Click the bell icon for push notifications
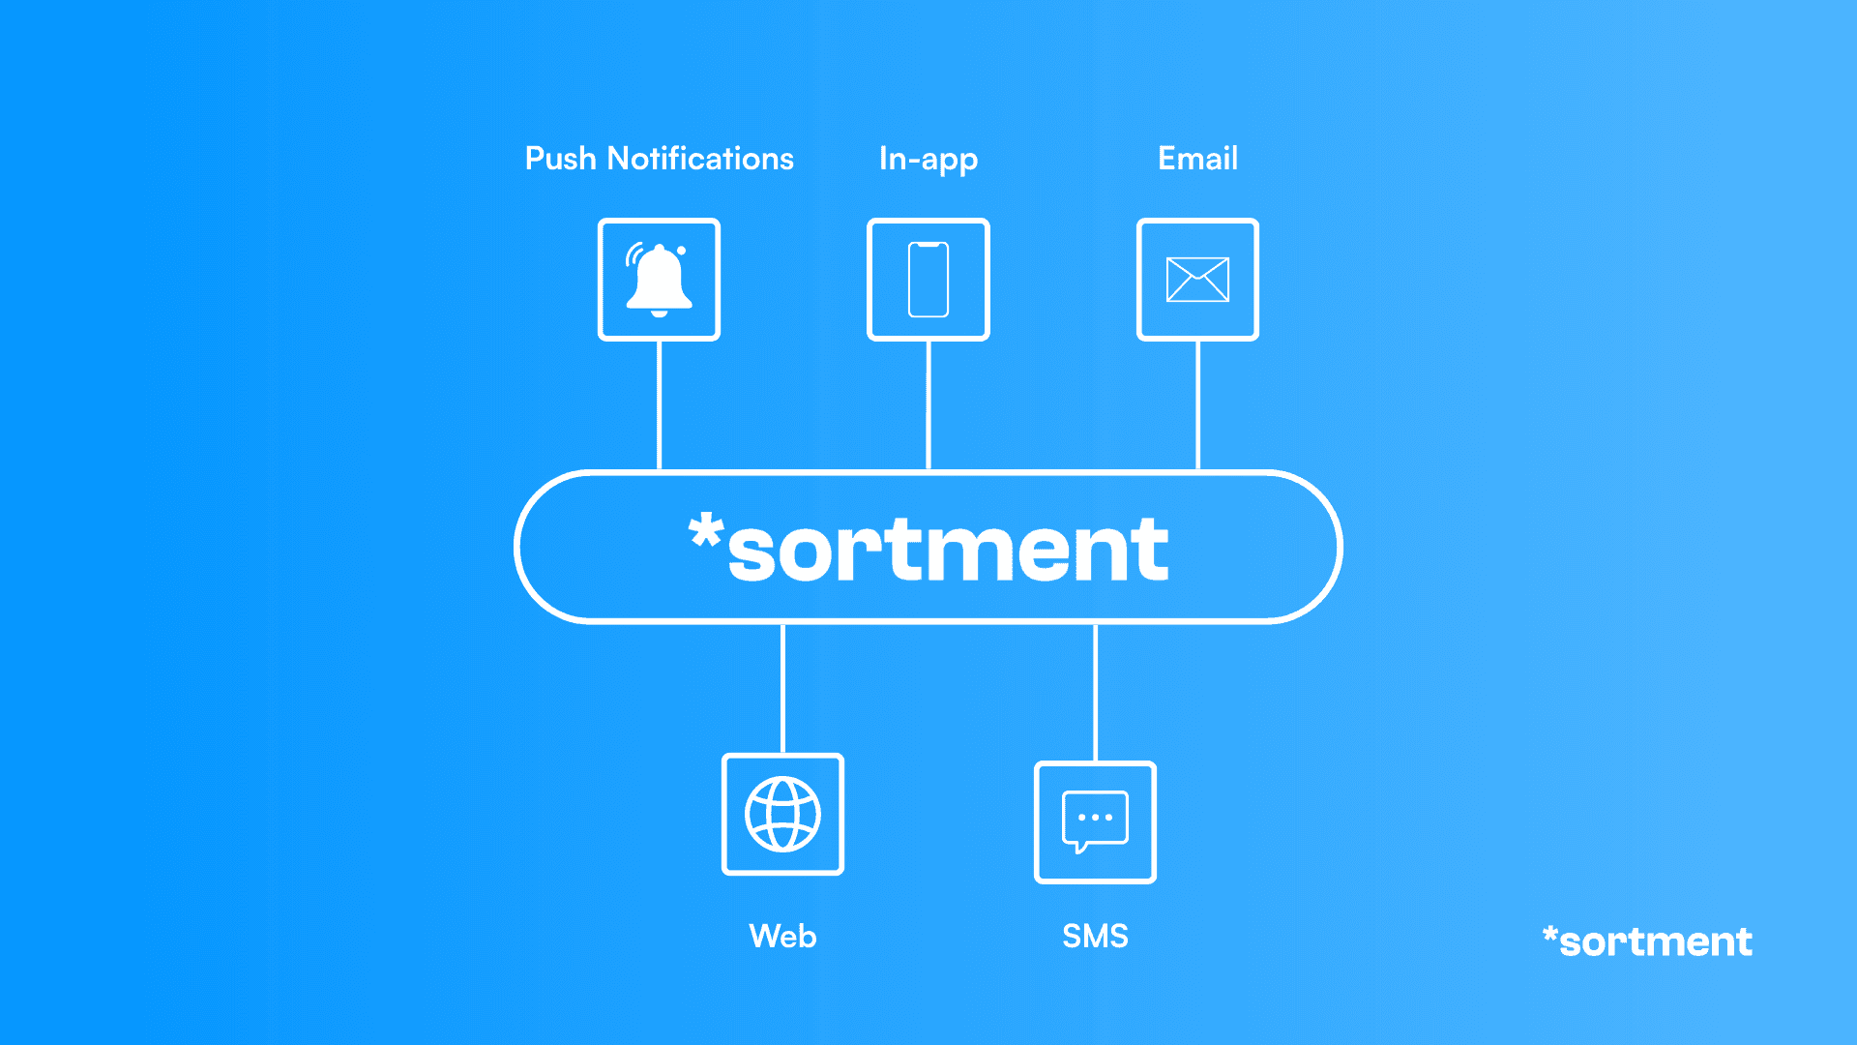coord(658,280)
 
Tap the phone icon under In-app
coord(928,280)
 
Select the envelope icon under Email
coord(1197,280)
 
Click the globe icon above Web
coord(782,815)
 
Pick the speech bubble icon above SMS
coord(1095,821)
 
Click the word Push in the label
coord(560,159)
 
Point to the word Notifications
coord(700,159)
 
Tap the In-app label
coord(928,160)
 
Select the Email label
coord(1197,159)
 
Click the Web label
coord(782,937)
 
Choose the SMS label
coord(1095,937)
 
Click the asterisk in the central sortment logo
coord(705,532)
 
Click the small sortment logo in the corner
coord(1647,941)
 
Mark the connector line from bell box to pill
coord(659,404)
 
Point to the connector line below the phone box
coord(928,404)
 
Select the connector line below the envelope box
coord(1197,404)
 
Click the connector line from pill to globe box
coord(782,688)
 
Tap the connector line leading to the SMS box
coord(1095,692)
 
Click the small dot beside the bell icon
coord(681,251)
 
